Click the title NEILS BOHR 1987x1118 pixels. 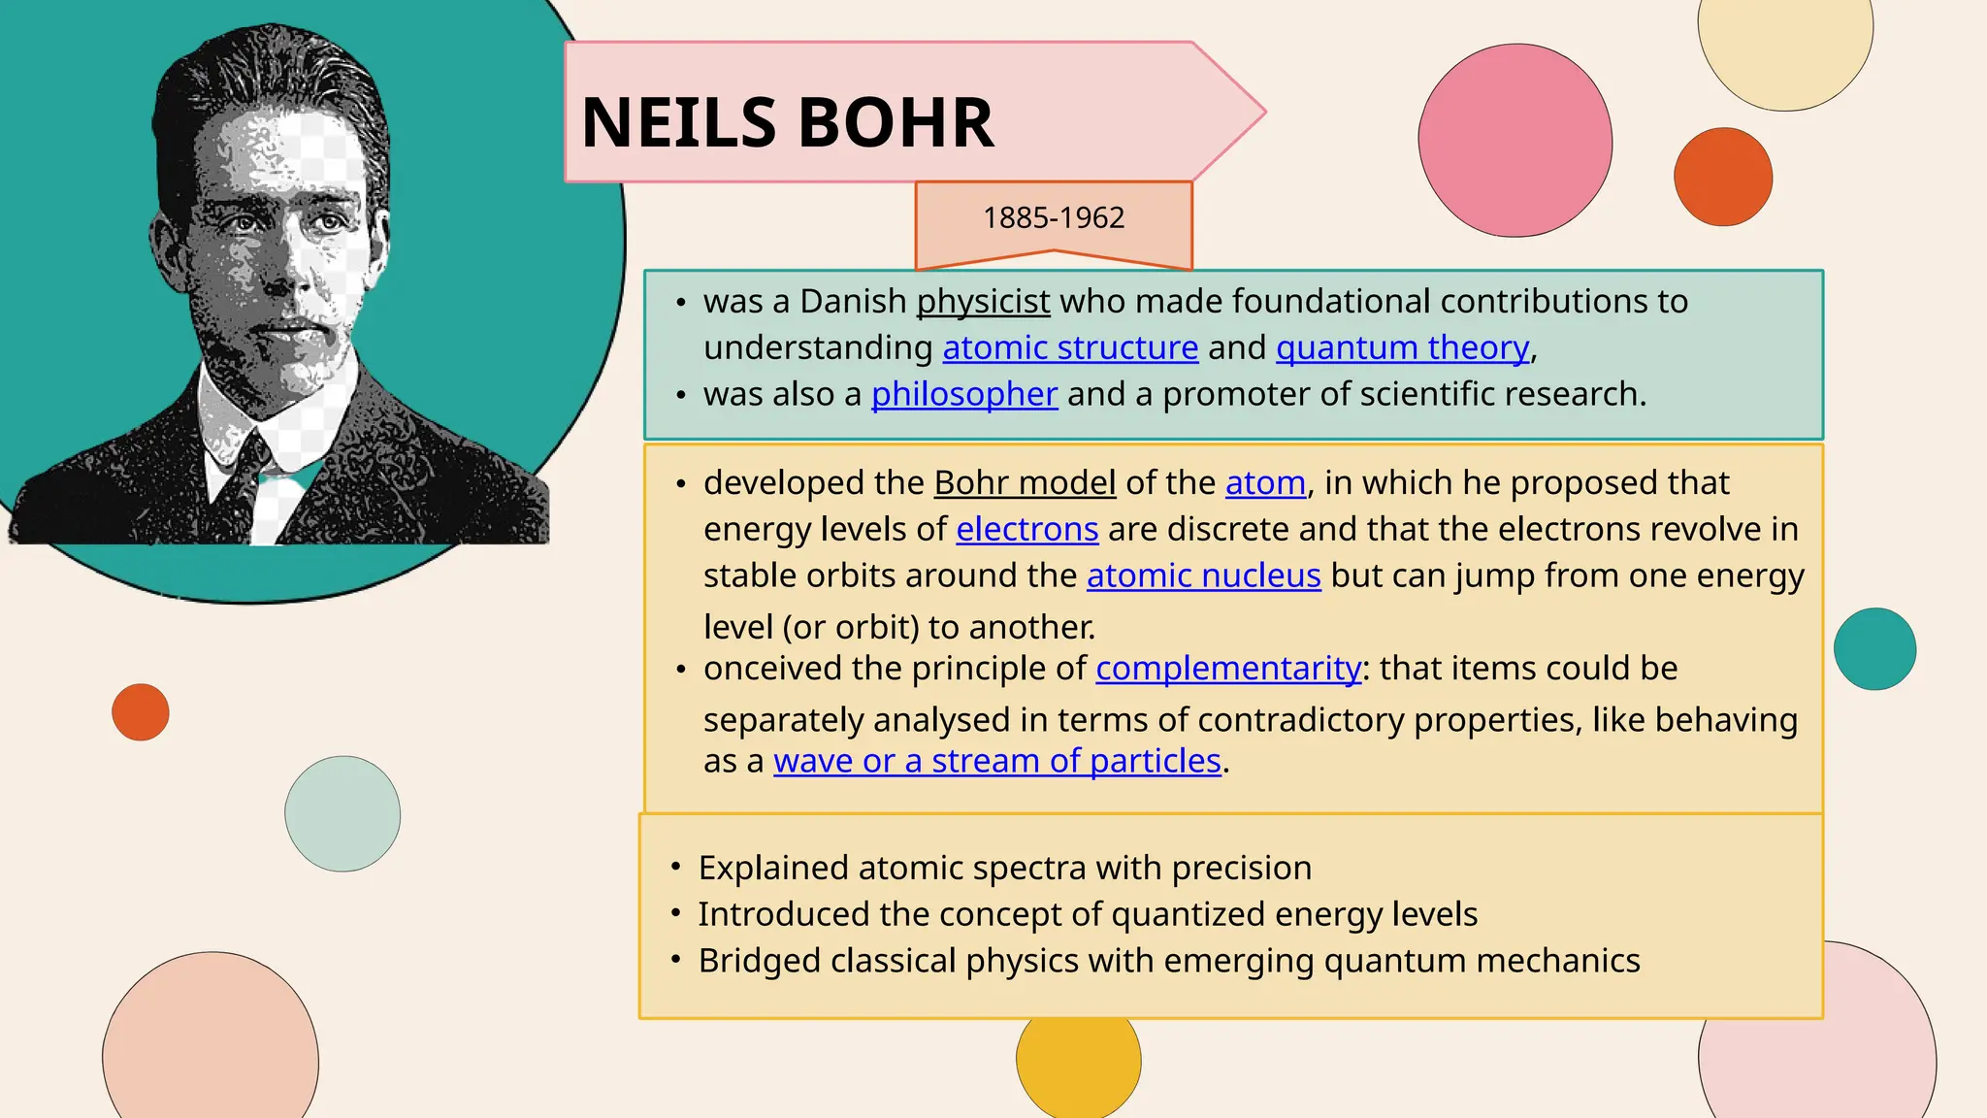coord(787,123)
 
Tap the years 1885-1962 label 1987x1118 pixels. coord(1053,217)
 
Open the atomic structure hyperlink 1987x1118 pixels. coord(1070,347)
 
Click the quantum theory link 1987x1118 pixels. coord(1402,347)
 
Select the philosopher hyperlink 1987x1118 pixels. coord(963,394)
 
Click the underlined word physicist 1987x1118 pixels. coord(983,302)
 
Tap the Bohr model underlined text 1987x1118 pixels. coord(1025,482)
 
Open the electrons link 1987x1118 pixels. coord(1026,529)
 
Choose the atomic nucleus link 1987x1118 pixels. coord(1203,575)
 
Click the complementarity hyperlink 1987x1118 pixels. coord(1228,669)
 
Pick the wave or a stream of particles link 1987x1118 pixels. coord(996,761)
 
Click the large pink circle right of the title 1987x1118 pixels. coord(1515,141)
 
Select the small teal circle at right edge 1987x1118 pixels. coord(1874,649)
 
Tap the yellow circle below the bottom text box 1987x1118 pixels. coord(1078,1063)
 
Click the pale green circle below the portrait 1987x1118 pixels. coord(342,813)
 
